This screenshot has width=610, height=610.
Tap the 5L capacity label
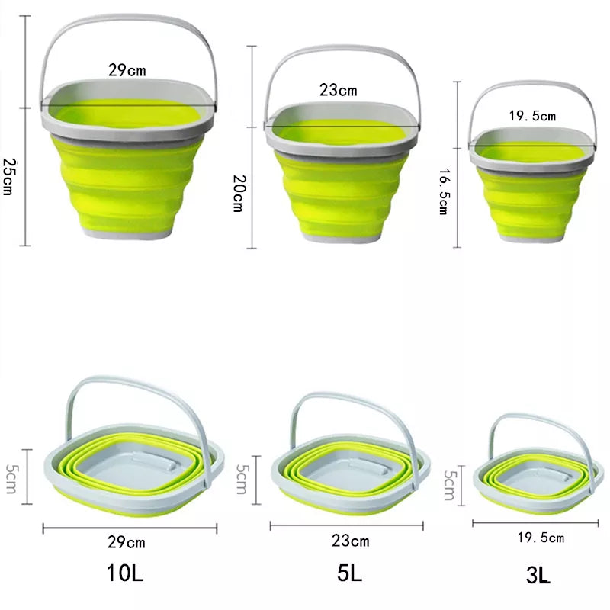point(349,573)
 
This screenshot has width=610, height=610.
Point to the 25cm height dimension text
point(9,177)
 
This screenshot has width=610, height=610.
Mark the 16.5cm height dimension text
point(442,194)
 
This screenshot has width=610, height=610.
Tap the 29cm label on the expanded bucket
point(127,71)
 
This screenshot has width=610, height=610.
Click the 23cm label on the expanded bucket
point(338,90)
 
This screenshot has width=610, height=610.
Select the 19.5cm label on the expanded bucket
point(532,116)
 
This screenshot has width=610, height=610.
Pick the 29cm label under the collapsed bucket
point(127,543)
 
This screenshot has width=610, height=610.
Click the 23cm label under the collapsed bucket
point(350,541)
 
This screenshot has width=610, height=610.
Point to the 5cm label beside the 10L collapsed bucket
point(11,477)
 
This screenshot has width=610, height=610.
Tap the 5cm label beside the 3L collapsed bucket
point(450,485)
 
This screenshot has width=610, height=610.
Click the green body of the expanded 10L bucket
point(129,183)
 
